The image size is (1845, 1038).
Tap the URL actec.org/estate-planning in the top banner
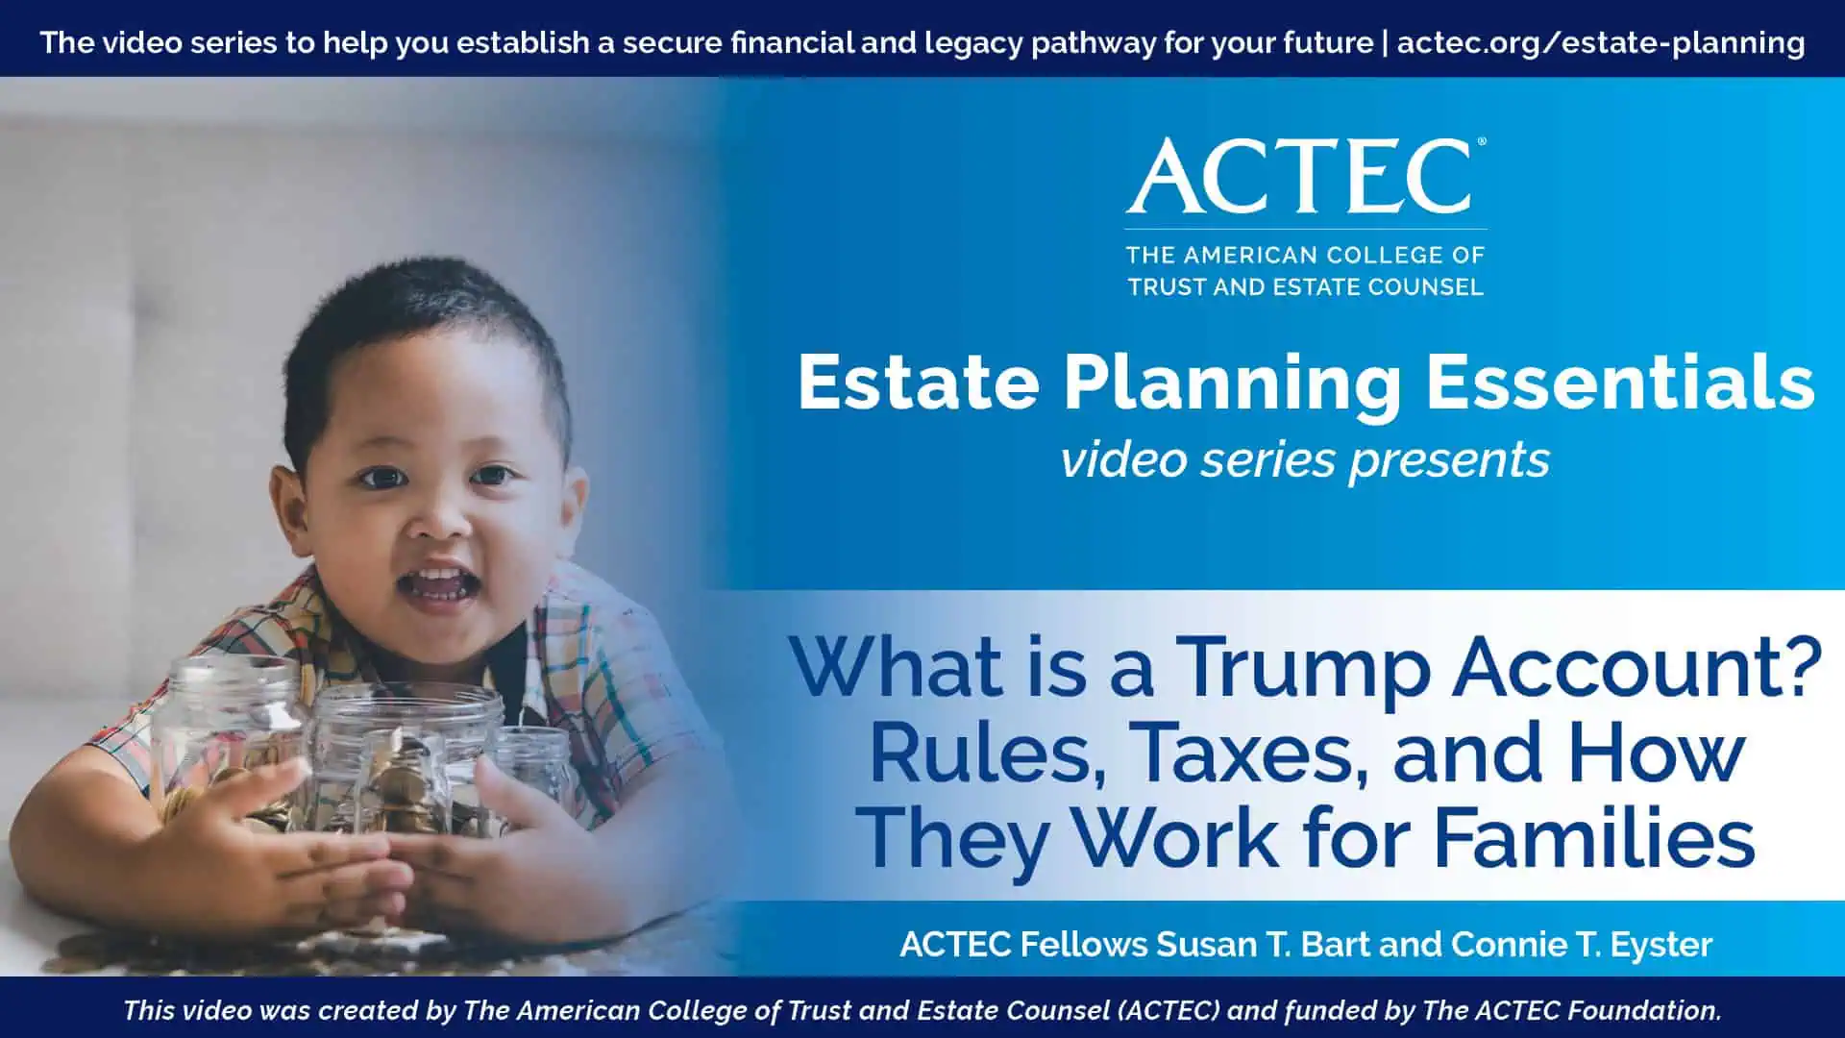1601,42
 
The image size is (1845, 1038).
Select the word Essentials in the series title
1620,383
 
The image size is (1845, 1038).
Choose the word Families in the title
1594,837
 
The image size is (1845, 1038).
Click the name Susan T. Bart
1263,944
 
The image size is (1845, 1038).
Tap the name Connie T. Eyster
1582,944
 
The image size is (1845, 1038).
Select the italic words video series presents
1305,459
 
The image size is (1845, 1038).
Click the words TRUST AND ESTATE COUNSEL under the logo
1306,286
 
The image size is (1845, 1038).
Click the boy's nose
439,516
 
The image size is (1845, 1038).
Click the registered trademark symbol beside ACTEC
1482,141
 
